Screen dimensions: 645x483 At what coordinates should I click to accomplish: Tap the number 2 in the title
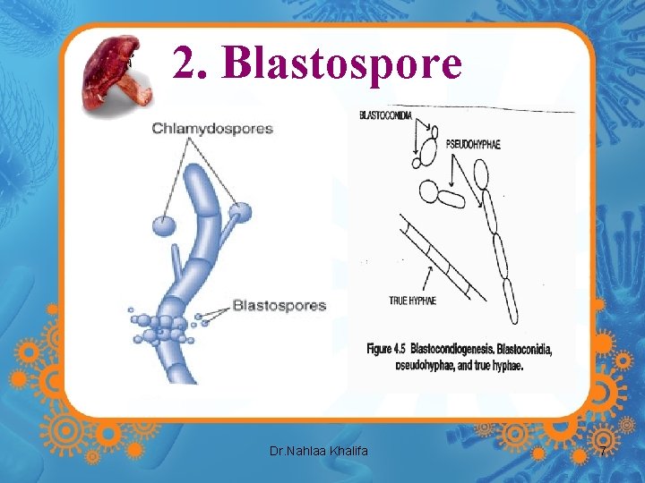185,63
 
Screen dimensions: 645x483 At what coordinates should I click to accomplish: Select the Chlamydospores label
212,129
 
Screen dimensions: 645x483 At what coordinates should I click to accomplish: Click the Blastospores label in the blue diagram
279,306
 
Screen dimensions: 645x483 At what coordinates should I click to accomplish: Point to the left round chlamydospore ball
164,225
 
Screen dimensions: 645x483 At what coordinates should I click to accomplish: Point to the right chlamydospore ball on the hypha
240,213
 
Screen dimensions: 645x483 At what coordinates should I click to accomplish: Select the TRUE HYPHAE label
413,301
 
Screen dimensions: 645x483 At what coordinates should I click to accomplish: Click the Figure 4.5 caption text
459,356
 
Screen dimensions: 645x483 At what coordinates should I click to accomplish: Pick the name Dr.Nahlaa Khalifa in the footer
319,452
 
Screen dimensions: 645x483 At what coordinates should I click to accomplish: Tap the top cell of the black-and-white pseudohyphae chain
481,174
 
